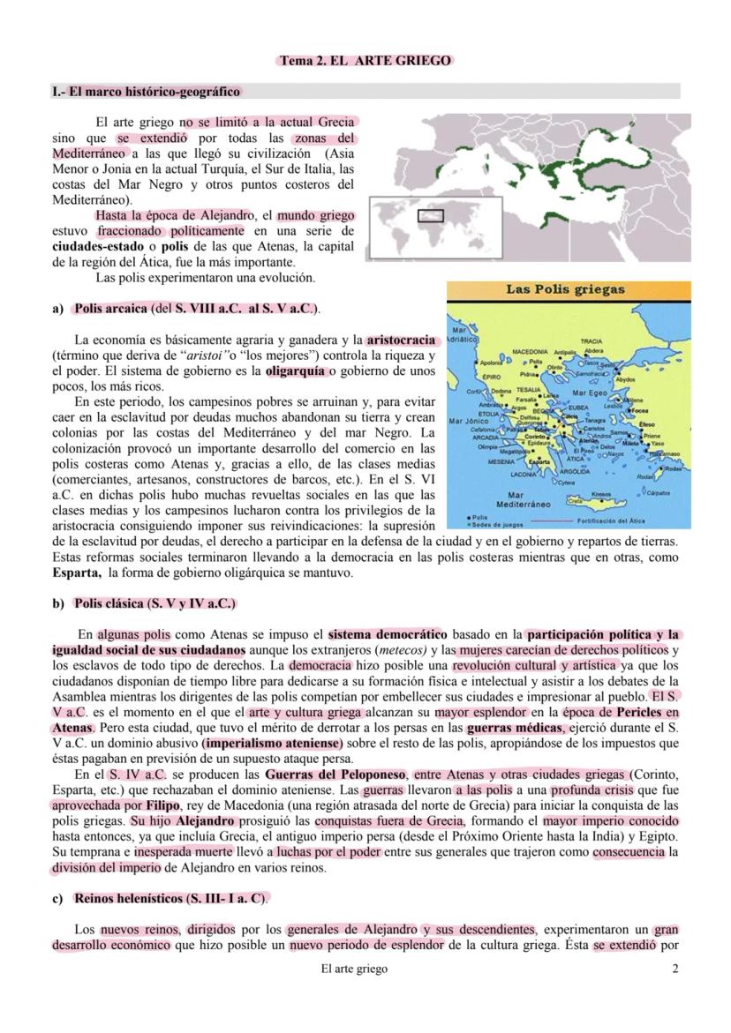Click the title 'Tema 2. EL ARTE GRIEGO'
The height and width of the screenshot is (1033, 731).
click(365, 61)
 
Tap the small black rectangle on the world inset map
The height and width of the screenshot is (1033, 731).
click(430, 215)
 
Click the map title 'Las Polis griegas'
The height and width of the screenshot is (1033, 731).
click(565, 289)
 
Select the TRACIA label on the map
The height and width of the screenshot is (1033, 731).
click(592, 341)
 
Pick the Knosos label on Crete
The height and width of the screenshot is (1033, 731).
click(600, 494)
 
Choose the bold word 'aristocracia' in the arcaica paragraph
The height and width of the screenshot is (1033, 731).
click(401, 339)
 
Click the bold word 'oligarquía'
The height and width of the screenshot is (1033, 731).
click(296, 371)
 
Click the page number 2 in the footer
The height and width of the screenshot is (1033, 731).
click(675, 969)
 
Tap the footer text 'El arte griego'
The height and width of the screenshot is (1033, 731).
click(354, 969)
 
